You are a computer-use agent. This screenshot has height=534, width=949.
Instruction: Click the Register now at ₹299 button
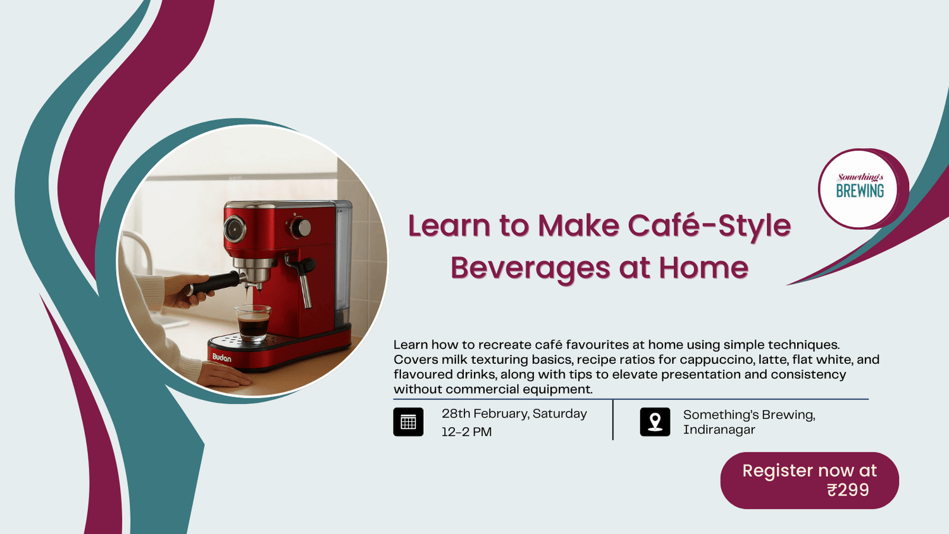coord(809,480)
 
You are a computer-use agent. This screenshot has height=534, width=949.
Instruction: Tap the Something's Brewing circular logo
coord(859,189)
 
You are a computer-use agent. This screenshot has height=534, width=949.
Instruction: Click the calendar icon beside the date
coord(408,422)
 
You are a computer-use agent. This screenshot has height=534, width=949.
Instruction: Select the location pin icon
coord(655,422)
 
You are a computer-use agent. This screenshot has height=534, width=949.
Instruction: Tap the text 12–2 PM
coord(466,432)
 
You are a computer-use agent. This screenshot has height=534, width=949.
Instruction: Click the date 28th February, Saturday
coord(514,414)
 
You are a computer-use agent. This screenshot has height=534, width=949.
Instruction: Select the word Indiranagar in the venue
coord(719,430)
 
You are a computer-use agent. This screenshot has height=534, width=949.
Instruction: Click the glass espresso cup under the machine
coord(253,323)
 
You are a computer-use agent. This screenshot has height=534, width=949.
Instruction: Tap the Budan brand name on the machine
coord(221,357)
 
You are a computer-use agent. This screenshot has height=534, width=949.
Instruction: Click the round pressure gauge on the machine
coord(235,228)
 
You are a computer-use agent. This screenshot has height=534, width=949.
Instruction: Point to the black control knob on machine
coord(301,227)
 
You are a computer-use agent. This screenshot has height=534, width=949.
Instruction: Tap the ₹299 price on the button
coord(848,490)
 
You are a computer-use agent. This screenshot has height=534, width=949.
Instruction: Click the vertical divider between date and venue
coord(613,419)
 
